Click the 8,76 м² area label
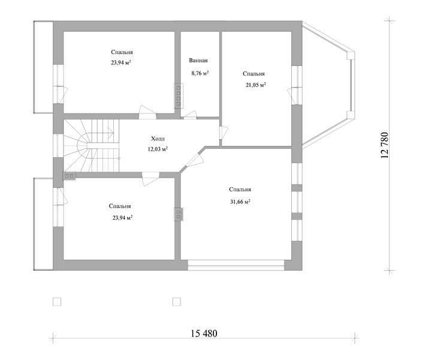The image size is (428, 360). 200,73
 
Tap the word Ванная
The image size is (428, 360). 198,61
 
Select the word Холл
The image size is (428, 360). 158,139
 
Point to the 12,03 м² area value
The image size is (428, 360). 158,149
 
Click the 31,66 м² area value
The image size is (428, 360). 240,202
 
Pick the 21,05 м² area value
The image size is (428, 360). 256,85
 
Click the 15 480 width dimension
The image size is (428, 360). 204,334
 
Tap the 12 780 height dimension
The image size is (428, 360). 384,145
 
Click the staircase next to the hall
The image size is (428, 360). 92,146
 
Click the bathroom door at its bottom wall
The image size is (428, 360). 189,116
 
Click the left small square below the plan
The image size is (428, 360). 57,302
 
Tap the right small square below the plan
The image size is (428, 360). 177,302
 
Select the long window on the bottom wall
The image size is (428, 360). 236,265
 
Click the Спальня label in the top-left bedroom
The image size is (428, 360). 122,52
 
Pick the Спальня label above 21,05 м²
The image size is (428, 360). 254,74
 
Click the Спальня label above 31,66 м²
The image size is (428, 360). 240,190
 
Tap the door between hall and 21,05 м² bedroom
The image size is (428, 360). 224,133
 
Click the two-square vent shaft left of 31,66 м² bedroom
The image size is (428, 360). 179,214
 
